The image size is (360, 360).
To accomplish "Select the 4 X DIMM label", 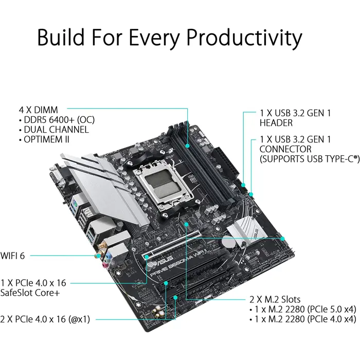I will (x=39, y=110).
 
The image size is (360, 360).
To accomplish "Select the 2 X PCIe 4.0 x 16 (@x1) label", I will (x=46, y=319).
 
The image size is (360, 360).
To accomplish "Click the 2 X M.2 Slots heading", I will (x=275, y=299).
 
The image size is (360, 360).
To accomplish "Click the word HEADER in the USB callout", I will (x=277, y=123).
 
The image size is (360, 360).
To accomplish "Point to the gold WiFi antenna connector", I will (x=98, y=255).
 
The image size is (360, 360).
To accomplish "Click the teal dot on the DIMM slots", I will (x=187, y=146).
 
